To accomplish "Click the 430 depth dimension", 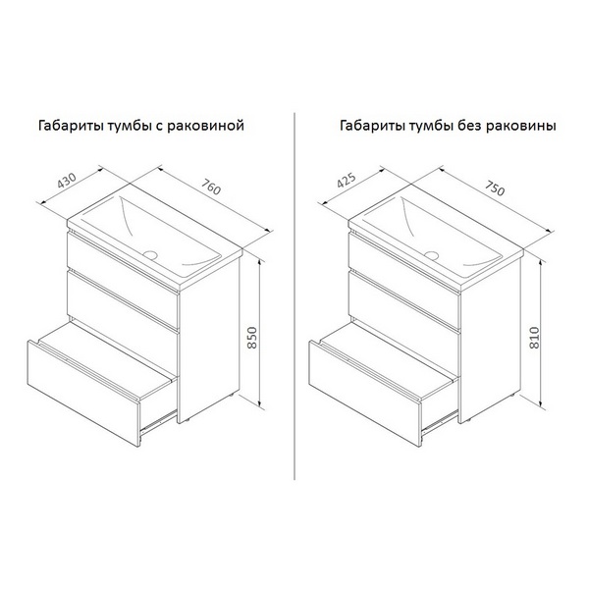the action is pos(67,181).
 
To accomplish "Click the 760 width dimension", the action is pos(211,187).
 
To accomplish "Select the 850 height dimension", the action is pos(252,338).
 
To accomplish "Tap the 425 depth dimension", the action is pos(347,181).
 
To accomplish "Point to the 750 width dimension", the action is pos(495,187).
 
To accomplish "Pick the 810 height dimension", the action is pos(534,338).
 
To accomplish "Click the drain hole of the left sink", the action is pos(150,254).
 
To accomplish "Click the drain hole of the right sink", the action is pos(432,256).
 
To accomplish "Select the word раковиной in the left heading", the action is pos(205,126).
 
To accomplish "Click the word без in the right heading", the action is pos(469,125).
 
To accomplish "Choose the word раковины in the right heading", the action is pos(521,126).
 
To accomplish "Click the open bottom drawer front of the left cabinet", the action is pos(83,394).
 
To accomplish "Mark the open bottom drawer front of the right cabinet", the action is pos(365,394).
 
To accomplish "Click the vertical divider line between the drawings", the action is pos(294,296).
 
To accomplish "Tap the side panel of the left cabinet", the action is pos(209,338).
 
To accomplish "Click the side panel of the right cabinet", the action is pos(490,338).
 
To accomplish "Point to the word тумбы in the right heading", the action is pos(431,126).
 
